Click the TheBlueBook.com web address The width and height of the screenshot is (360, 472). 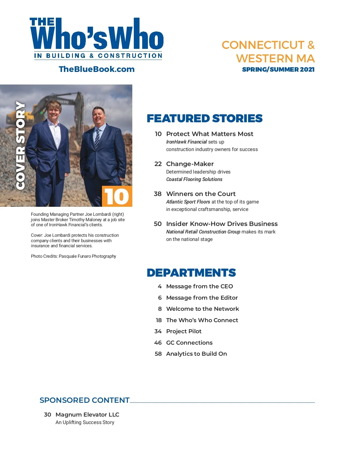97,69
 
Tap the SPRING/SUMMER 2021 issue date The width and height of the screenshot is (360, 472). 278,70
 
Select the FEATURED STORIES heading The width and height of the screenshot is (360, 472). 204,118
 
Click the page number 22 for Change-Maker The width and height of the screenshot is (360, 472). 158,164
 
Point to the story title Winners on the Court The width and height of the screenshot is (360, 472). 201,194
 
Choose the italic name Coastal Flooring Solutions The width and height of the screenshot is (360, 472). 194,179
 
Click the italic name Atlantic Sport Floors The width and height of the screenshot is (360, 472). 188,202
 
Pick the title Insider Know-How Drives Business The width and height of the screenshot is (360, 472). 222,224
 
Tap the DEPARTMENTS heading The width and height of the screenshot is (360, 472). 191,273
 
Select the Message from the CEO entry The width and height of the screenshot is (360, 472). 199,286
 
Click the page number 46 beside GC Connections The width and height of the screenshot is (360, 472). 158,343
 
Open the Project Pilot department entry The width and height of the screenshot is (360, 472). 184,331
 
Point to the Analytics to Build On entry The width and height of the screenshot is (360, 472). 196,354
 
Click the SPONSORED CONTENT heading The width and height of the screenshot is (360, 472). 85,400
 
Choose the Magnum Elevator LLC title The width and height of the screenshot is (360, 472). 87,415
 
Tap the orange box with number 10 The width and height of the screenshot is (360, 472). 117,196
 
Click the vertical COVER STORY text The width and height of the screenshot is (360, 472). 20,146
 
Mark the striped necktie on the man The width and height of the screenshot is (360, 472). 97,138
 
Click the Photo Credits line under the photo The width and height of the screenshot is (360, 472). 73,256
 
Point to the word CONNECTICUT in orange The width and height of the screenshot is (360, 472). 263,45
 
